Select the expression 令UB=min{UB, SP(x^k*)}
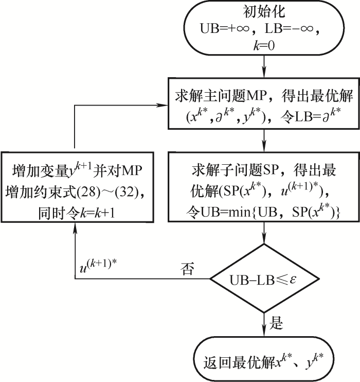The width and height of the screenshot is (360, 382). coord(264,210)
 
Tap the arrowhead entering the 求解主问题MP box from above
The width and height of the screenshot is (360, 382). coord(264,72)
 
